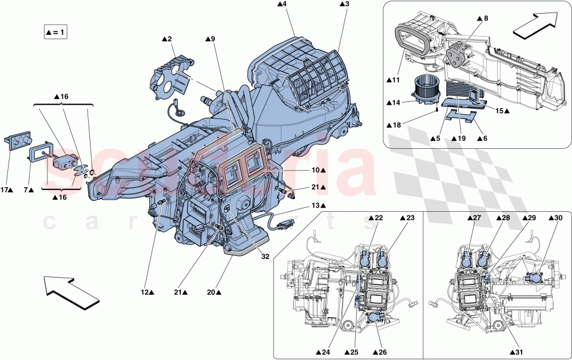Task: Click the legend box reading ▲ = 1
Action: (55, 32)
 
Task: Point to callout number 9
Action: (210, 39)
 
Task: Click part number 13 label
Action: (319, 205)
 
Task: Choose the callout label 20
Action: (213, 292)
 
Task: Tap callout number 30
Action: (555, 218)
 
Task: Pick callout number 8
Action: (482, 19)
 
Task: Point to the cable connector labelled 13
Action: (284, 220)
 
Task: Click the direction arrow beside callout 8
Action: (534, 26)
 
